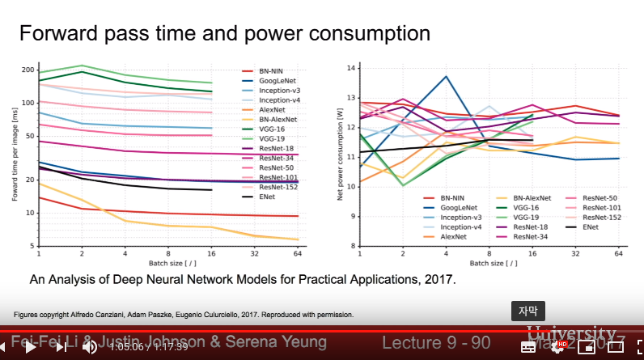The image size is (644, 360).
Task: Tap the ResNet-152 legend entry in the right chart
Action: pyautogui.click(x=603, y=218)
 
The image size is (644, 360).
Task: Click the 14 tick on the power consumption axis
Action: pyautogui.click(x=350, y=68)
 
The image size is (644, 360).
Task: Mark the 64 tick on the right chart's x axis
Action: pyautogui.click(x=618, y=254)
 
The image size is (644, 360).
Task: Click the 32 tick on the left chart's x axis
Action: pyautogui.click(x=255, y=254)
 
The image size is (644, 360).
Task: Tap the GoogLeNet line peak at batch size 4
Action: pyautogui.click(x=446, y=76)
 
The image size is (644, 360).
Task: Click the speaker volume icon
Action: pyautogui.click(x=90, y=347)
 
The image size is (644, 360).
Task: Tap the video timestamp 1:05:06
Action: pyautogui.click(x=126, y=347)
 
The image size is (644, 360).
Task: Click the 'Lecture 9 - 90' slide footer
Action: pyautogui.click(x=436, y=343)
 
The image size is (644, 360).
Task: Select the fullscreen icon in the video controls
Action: pyautogui.click(x=616, y=347)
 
